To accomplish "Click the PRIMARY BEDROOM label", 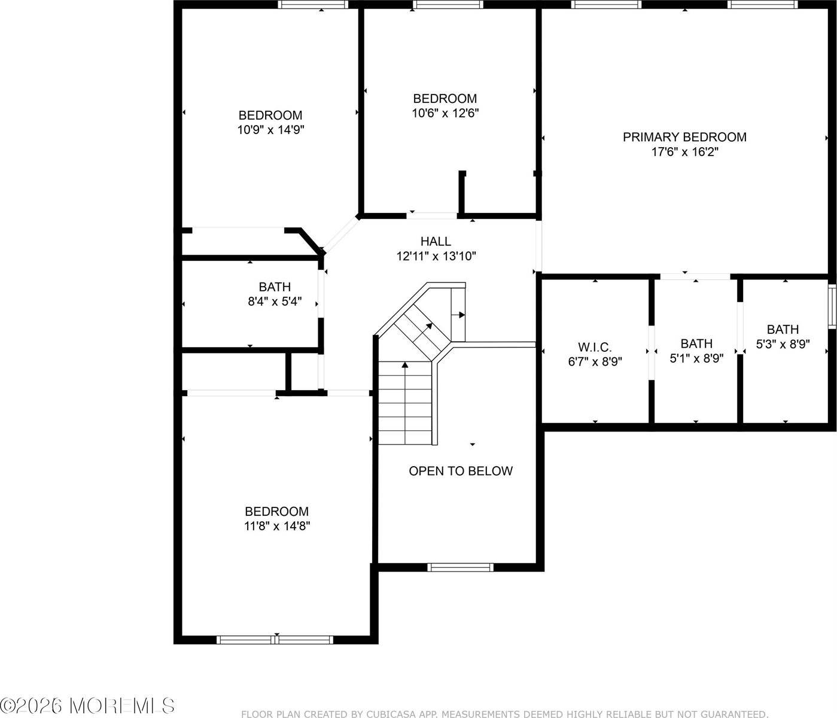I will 684,137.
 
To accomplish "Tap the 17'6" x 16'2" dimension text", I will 684,152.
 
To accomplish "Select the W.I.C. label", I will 595,347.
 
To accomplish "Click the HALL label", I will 436,241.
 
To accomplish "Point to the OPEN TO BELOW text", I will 460,471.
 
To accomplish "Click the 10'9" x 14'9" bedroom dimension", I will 270,130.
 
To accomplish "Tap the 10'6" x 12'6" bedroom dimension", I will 445,113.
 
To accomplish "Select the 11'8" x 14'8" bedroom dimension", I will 276,526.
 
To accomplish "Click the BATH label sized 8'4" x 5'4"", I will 275,287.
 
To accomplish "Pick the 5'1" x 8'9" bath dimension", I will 696,358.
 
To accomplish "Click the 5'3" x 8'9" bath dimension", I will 783,344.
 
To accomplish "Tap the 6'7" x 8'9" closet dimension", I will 595,361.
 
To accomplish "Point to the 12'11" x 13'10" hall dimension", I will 436,256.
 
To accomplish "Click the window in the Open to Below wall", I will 461,567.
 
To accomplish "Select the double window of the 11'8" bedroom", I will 275,640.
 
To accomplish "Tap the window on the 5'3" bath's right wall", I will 832,306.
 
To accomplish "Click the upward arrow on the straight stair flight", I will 405,364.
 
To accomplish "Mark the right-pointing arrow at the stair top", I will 461,314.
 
